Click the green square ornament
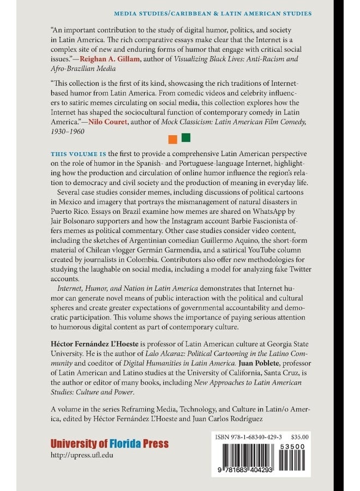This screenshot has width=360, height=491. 185,137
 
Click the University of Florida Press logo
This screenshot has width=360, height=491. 109,444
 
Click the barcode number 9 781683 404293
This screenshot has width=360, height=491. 248,470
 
